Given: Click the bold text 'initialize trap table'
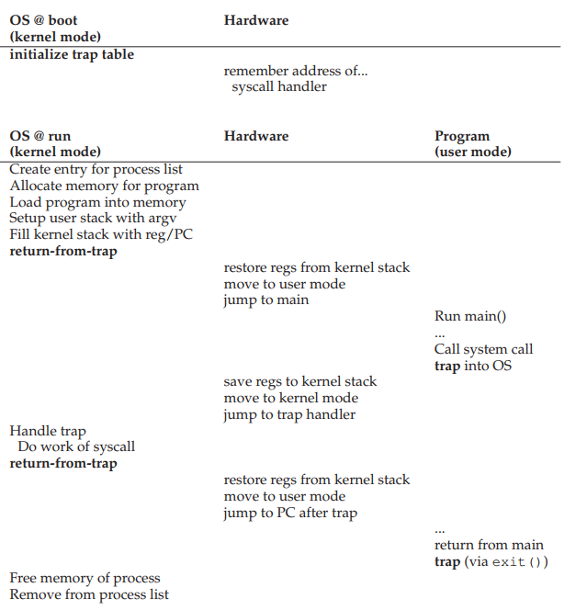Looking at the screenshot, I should coord(72,54).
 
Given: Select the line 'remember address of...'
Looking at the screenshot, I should coord(295,71).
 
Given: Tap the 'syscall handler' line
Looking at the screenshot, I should coord(279,86).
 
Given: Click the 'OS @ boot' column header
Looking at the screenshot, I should coord(44,20).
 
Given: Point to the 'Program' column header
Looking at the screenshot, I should coord(462,136).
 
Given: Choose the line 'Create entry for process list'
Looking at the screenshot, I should coord(96,169).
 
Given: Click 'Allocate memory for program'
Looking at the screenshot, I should coord(104,186).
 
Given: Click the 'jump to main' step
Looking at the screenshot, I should coord(266,299).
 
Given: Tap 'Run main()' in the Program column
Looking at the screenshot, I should coord(470,317).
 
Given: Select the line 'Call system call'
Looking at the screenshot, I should coord(483,349).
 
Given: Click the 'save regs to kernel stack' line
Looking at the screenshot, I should coord(300,381).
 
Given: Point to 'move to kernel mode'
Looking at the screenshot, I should coord(291,398).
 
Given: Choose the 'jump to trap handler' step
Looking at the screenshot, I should coord(289,414).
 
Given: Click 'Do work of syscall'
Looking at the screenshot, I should coord(76,446).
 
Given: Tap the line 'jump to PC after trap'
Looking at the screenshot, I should coord(290,513).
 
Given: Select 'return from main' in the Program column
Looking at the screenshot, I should coord(489,545).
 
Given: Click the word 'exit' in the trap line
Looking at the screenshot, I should coord(508,561).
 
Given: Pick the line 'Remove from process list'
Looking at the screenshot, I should coord(89,594).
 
